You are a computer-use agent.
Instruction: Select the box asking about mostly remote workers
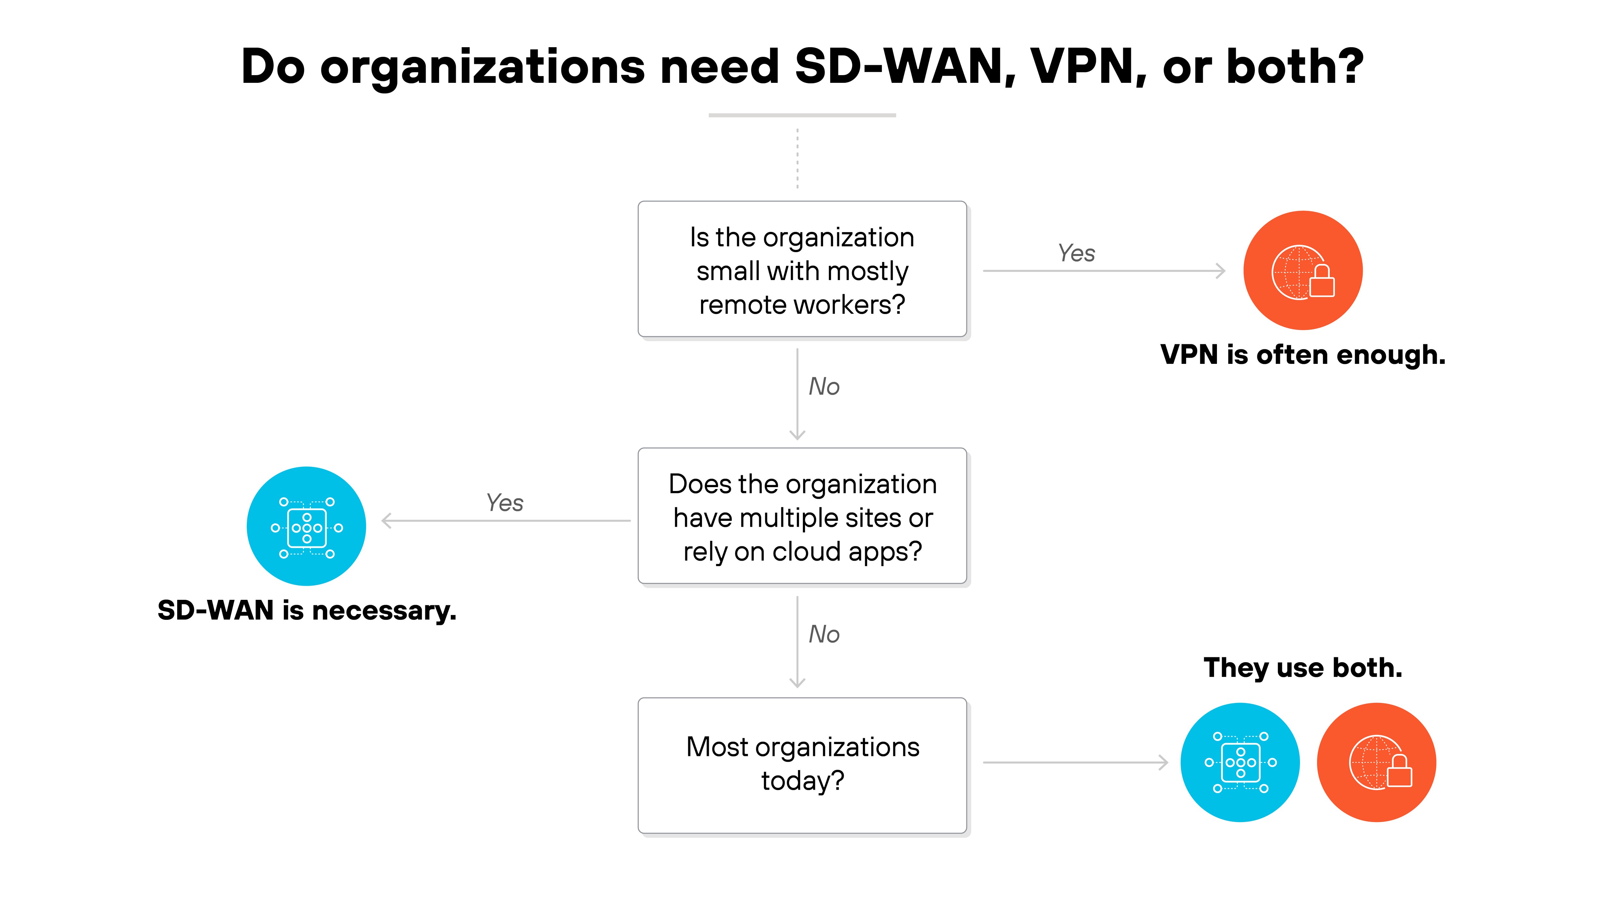[x=802, y=269]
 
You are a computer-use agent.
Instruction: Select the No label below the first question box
[x=824, y=387]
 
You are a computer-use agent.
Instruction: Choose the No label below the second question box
[x=824, y=635]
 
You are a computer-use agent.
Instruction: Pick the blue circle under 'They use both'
[x=1240, y=762]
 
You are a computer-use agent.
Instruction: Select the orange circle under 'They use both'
[x=1376, y=762]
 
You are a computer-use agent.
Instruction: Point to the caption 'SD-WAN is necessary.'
[x=307, y=610]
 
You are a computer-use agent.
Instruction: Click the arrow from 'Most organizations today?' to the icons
[x=1075, y=762]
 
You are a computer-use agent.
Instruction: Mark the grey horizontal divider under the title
[x=802, y=115]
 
